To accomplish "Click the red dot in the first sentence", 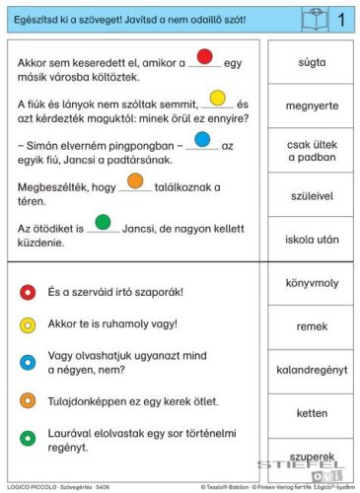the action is pos(205,57).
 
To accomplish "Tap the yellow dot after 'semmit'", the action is pos(218,98).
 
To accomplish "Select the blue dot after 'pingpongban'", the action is pos(202,139).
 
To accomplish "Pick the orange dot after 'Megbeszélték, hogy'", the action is pos(135,180).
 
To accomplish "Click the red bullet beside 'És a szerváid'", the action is pos(28,292).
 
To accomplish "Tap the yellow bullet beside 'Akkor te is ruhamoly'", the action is pos(28,323).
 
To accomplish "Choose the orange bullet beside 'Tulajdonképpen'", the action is pos(28,400).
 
